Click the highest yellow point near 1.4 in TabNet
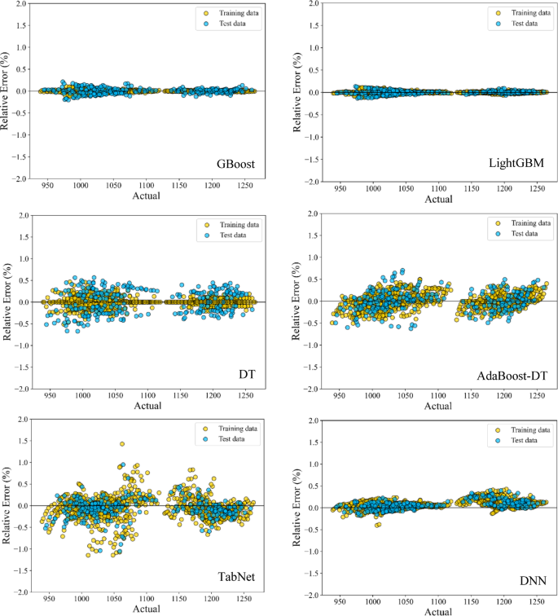[122, 444]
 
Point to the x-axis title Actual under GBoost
[147, 196]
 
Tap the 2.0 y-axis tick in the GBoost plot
[22, 5]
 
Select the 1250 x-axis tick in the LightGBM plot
[537, 188]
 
